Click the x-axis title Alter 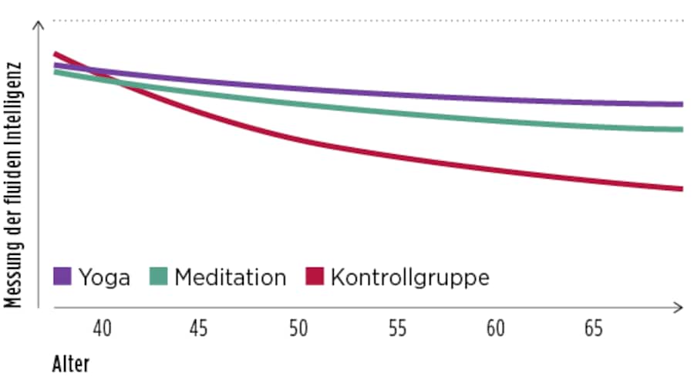click(71, 364)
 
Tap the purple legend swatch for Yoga click(62, 276)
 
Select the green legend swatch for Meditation click(159, 276)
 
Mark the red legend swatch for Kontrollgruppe click(315, 276)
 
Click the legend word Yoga click(104, 277)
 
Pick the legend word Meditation click(230, 277)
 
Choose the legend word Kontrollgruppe click(409, 277)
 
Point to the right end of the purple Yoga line click(682, 104)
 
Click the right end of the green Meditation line click(682, 129)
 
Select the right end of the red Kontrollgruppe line click(682, 189)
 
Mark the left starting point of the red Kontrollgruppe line click(55, 54)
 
